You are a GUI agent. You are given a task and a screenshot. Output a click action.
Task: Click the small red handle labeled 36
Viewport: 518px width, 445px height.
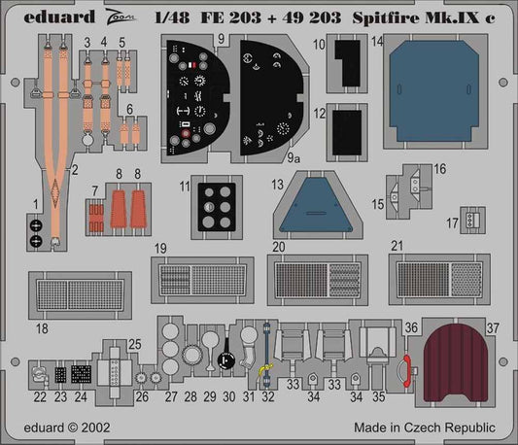408,371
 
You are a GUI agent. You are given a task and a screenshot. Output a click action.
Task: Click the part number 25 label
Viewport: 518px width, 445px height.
135,344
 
